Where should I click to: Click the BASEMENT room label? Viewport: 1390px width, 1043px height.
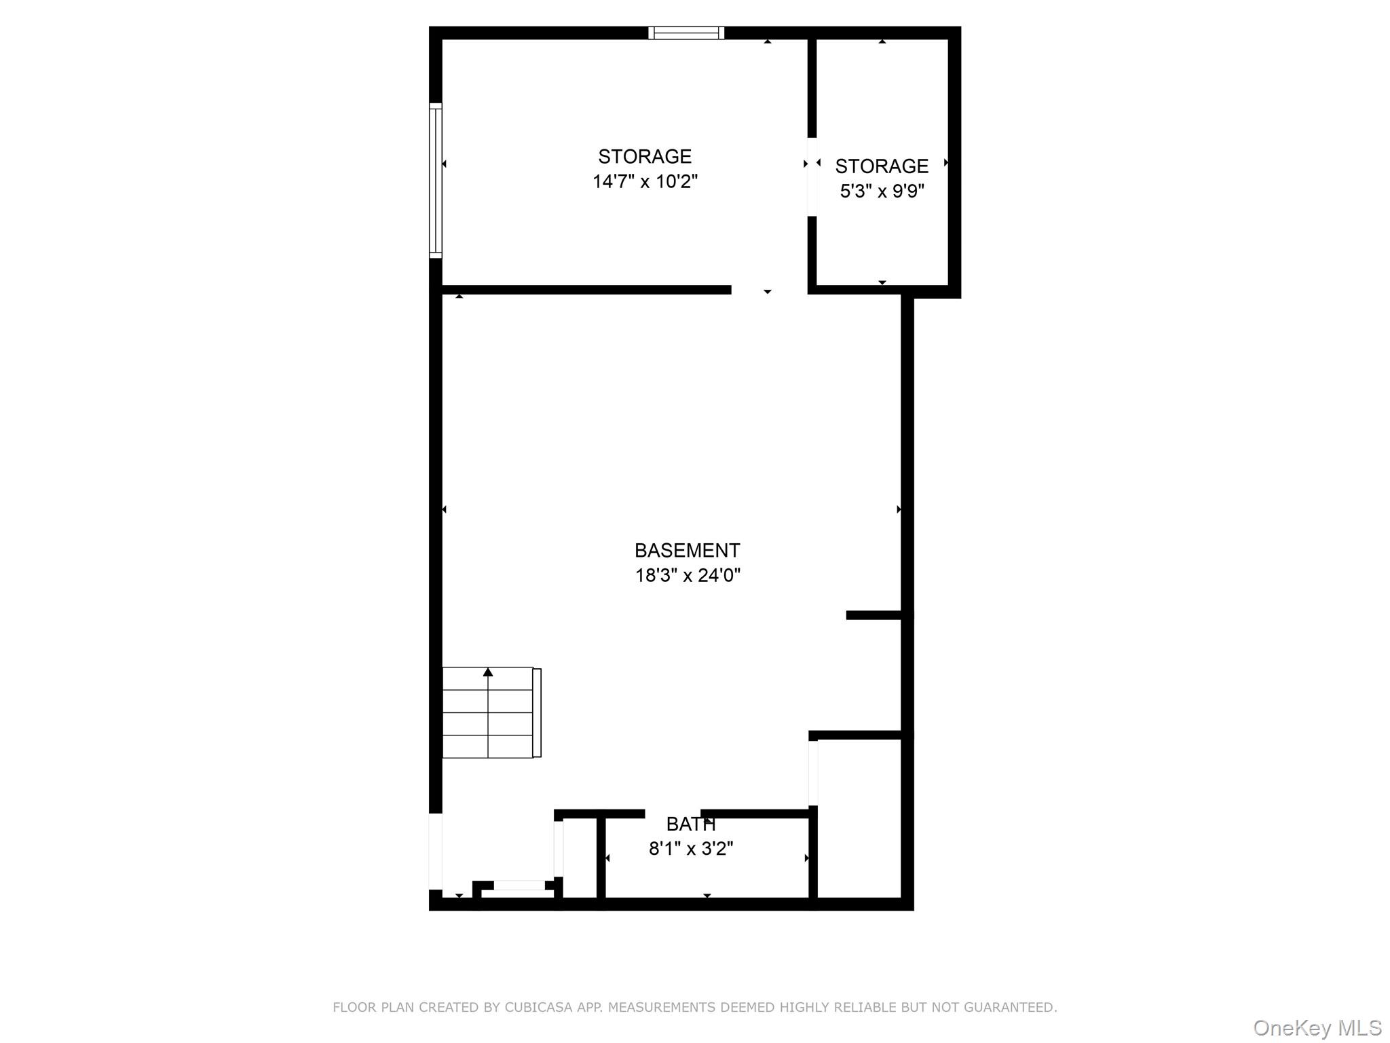(687, 550)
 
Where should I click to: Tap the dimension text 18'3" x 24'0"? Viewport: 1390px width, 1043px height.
(688, 575)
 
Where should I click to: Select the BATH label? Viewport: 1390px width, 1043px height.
(691, 824)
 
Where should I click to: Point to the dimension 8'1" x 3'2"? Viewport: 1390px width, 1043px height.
(691, 849)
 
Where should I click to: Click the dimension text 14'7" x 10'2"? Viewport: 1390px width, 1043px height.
(645, 181)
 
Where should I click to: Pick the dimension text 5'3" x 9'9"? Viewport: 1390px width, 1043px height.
(882, 191)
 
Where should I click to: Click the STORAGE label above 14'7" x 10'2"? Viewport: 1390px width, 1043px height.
(645, 156)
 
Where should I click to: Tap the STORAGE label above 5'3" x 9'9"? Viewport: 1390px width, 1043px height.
(882, 166)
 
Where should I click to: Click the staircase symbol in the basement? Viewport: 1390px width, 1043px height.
(491, 712)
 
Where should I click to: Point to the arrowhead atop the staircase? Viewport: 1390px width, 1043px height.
(488, 672)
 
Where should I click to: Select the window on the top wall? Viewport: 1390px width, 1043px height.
(686, 33)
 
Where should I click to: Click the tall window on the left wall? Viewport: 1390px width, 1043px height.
(436, 181)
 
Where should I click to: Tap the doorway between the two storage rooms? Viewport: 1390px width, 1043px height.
(812, 177)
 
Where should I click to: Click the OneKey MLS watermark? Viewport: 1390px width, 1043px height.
(1317, 1028)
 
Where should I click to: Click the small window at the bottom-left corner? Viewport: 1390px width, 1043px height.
(519, 885)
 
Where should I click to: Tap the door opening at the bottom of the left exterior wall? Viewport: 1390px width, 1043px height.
(436, 852)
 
